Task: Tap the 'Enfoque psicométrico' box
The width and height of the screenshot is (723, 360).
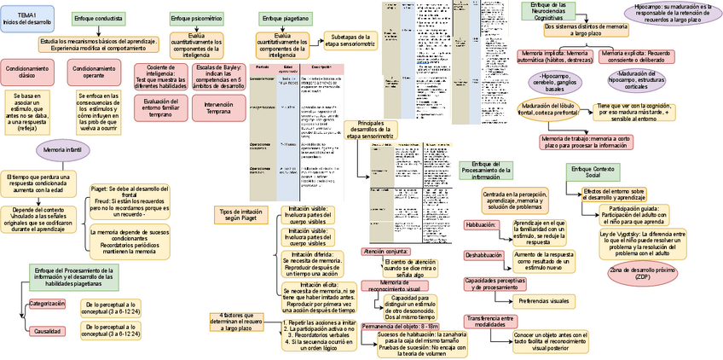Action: pyautogui.click(x=197, y=18)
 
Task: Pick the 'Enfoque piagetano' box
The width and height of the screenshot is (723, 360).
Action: pyautogui.click(x=284, y=18)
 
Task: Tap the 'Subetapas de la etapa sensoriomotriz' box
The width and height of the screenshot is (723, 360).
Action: pyautogui.click(x=352, y=40)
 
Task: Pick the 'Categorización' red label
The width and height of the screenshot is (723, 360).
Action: pyautogui.click(x=47, y=304)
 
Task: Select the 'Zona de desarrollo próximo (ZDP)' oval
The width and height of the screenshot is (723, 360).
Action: pyautogui.click(x=642, y=274)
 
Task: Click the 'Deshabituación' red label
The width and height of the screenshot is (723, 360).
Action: pyautogui.click(x=483, y=255)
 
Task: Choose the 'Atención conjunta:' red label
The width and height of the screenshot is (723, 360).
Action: pyautogui.click(x=385, y=252)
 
